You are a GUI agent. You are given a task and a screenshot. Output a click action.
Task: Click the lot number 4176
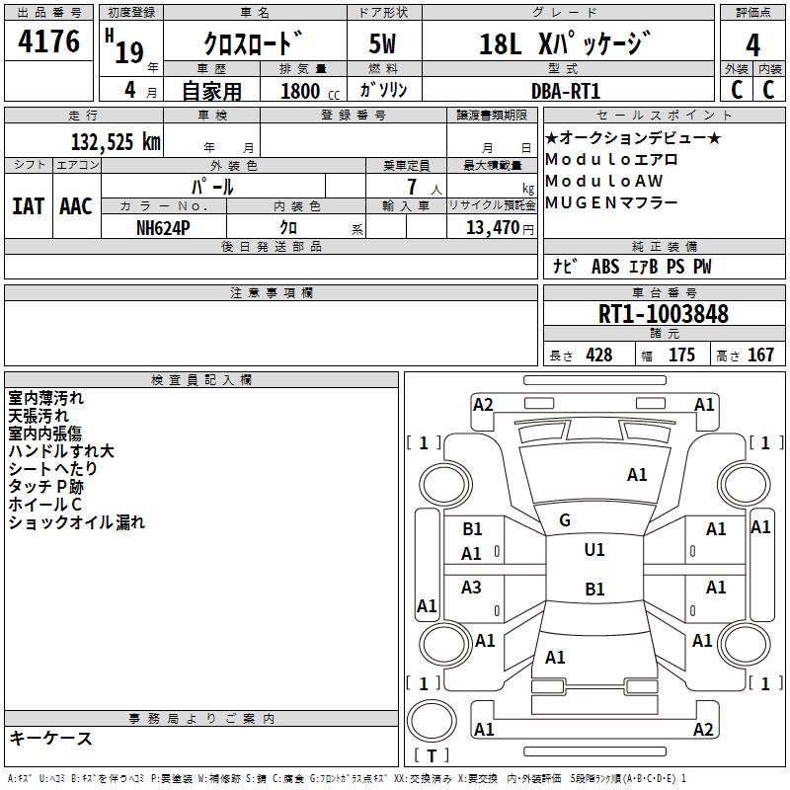click(x=48, y=41)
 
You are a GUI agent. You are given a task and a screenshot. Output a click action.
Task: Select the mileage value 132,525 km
click(x=116, y=142)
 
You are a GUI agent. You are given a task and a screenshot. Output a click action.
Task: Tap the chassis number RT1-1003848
click(x=663, y=314)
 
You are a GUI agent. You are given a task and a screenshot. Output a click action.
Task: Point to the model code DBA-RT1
click(x=565, y=91)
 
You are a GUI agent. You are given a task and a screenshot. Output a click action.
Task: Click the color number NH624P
click(x=163, y=228)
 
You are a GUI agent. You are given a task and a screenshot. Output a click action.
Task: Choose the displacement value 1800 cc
click(x=310, y=91)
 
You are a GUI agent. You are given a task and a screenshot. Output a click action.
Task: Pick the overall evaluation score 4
click(x=752, y=45)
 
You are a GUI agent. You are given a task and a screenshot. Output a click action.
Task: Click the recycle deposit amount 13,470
click(x=493, y=228)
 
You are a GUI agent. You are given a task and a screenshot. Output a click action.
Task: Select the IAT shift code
click(x=28, y=206)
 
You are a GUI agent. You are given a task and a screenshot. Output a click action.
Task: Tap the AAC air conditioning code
click(x=76, y=206)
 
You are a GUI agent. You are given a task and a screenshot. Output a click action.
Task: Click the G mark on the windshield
click(x=565, y=520)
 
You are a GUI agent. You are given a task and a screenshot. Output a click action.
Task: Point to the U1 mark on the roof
click(x=594, y=550)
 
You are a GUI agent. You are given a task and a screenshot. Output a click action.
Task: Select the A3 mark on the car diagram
click(x=471, y=587)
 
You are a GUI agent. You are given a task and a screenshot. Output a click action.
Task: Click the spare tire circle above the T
click(x=432, y=721)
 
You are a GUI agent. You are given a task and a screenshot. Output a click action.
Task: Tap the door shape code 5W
click(x=382, y=43)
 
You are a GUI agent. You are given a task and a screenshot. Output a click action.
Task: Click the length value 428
click(x=599, y=355)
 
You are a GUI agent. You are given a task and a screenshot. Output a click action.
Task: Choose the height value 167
click(x=760, y=355)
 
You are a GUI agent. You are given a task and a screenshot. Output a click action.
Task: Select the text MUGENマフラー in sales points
click(x=611, y=202)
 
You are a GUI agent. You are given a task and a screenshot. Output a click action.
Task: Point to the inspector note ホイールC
click(x=44, y=505)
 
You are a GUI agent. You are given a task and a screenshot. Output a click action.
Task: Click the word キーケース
click(x=50, y=739)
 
